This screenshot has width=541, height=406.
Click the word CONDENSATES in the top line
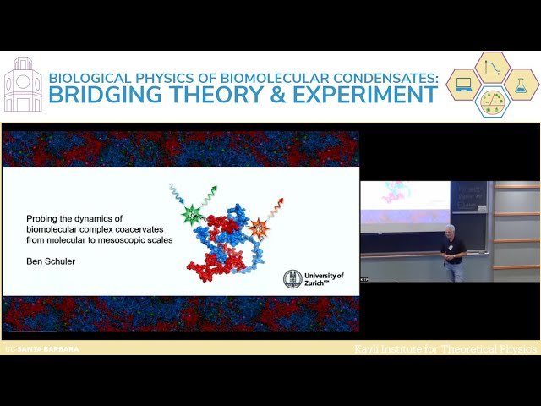[376, 77]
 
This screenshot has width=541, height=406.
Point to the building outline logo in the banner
[23, 85]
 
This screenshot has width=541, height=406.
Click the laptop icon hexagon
[464, 85]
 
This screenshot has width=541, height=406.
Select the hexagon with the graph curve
[492, 68]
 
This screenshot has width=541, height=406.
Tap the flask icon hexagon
[521, 85]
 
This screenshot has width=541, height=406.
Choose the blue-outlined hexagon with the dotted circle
[492, 101]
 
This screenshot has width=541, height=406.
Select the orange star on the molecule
[259, 228]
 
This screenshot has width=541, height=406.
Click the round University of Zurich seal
[292, 278]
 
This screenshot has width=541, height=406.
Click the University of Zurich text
[324, 279]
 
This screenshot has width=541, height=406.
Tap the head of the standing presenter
[451, 231]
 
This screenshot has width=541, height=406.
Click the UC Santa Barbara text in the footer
[41, 348]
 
